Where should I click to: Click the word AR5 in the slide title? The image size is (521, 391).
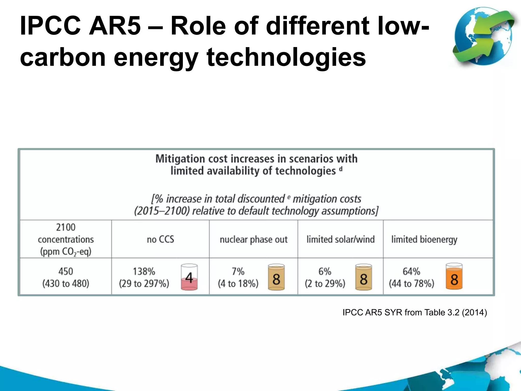click(114, 26)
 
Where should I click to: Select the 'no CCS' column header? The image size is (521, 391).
click(161, 239)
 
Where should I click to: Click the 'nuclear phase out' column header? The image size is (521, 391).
click(253, 240)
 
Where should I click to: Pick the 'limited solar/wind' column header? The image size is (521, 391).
click(340, 240)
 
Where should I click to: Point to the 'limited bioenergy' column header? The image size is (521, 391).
click(424, 240)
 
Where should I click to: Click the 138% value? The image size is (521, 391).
click(144, 271)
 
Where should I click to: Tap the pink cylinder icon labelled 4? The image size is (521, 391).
click(189, 277)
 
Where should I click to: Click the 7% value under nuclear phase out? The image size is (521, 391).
click(238, 271)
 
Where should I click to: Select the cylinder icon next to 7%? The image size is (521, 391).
click(276, 277)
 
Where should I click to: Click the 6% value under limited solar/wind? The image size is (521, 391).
click(325, 271)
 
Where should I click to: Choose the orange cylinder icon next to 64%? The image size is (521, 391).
click(454, 277)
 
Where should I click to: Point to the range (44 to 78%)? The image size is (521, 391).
click(411, 284)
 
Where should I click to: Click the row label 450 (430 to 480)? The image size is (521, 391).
click(66, 277)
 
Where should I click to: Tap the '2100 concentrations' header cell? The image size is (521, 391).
click(66, 239)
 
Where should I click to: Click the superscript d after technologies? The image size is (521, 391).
click(341, 169)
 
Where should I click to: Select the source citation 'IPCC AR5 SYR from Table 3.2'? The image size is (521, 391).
click(415, 312)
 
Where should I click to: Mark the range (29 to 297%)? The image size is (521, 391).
click(144, 284)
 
